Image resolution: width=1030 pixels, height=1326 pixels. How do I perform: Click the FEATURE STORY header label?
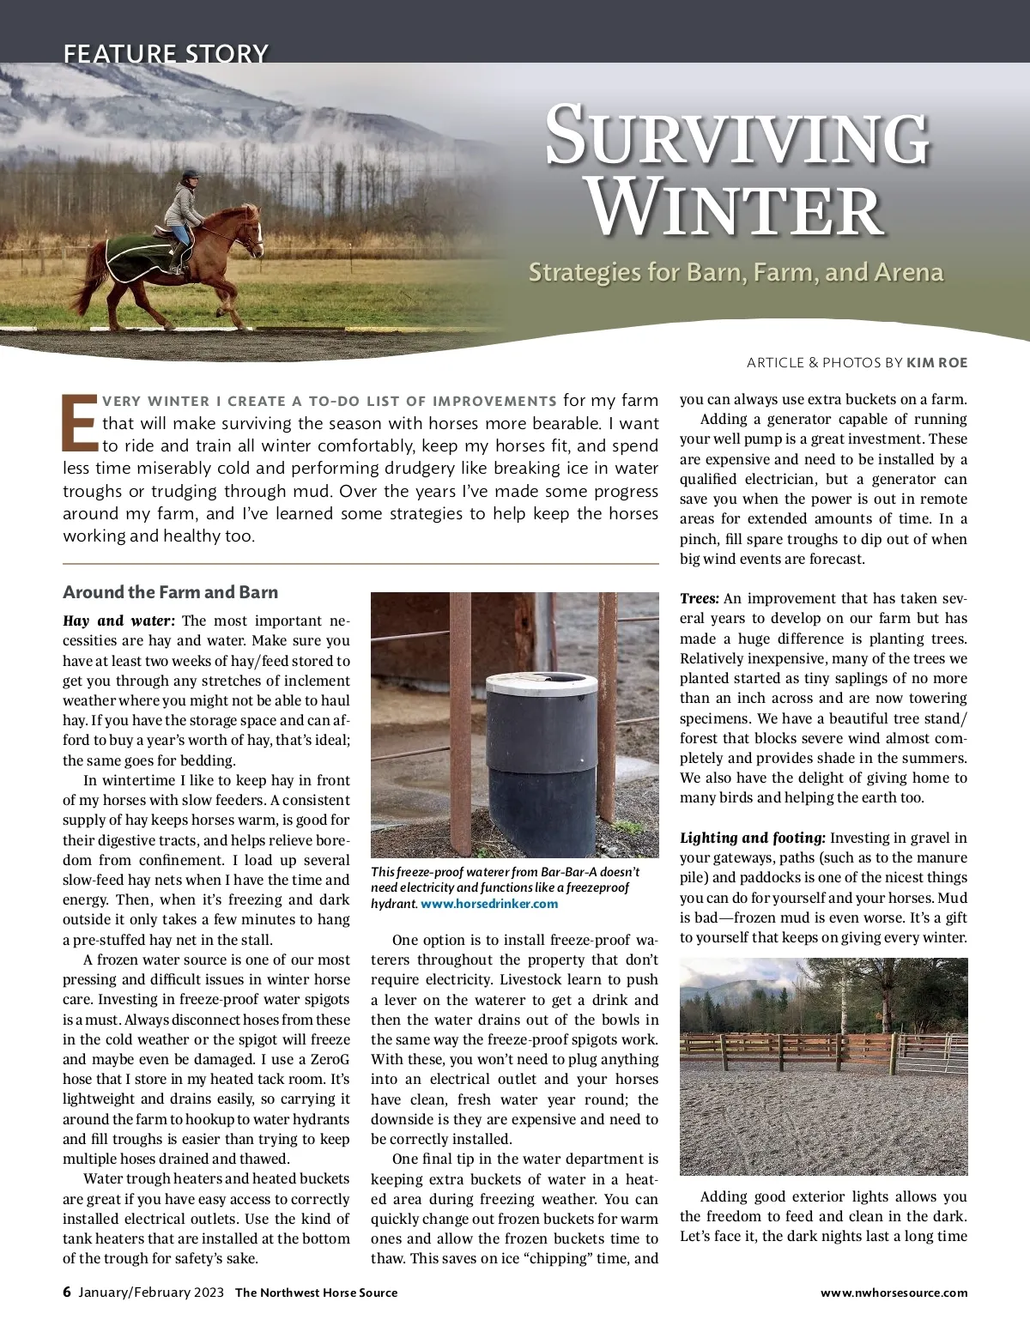click(166, 53)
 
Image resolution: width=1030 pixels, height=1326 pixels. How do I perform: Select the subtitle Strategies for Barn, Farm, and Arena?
click(736, 272)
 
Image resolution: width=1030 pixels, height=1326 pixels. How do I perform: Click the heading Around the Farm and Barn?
click(170, 592)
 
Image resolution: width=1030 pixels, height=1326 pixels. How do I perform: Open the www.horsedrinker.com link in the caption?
click(489, 904)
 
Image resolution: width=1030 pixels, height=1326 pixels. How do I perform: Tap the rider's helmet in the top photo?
click(189, 176)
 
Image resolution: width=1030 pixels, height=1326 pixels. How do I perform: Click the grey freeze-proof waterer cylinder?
click(541, 755)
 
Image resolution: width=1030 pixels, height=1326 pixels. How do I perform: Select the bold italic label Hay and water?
click(118, 621)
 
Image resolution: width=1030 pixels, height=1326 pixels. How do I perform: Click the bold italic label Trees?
click(699, 598)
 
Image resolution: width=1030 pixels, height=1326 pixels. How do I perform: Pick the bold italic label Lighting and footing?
click(752, 838)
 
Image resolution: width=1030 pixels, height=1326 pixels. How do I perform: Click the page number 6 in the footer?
click(67, 1292)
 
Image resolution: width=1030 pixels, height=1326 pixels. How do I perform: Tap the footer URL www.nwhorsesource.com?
click(894, 1293)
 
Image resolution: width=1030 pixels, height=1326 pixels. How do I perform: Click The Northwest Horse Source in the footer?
click(316, 1293)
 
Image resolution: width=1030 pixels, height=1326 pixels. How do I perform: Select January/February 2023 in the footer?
click(151, 1293)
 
